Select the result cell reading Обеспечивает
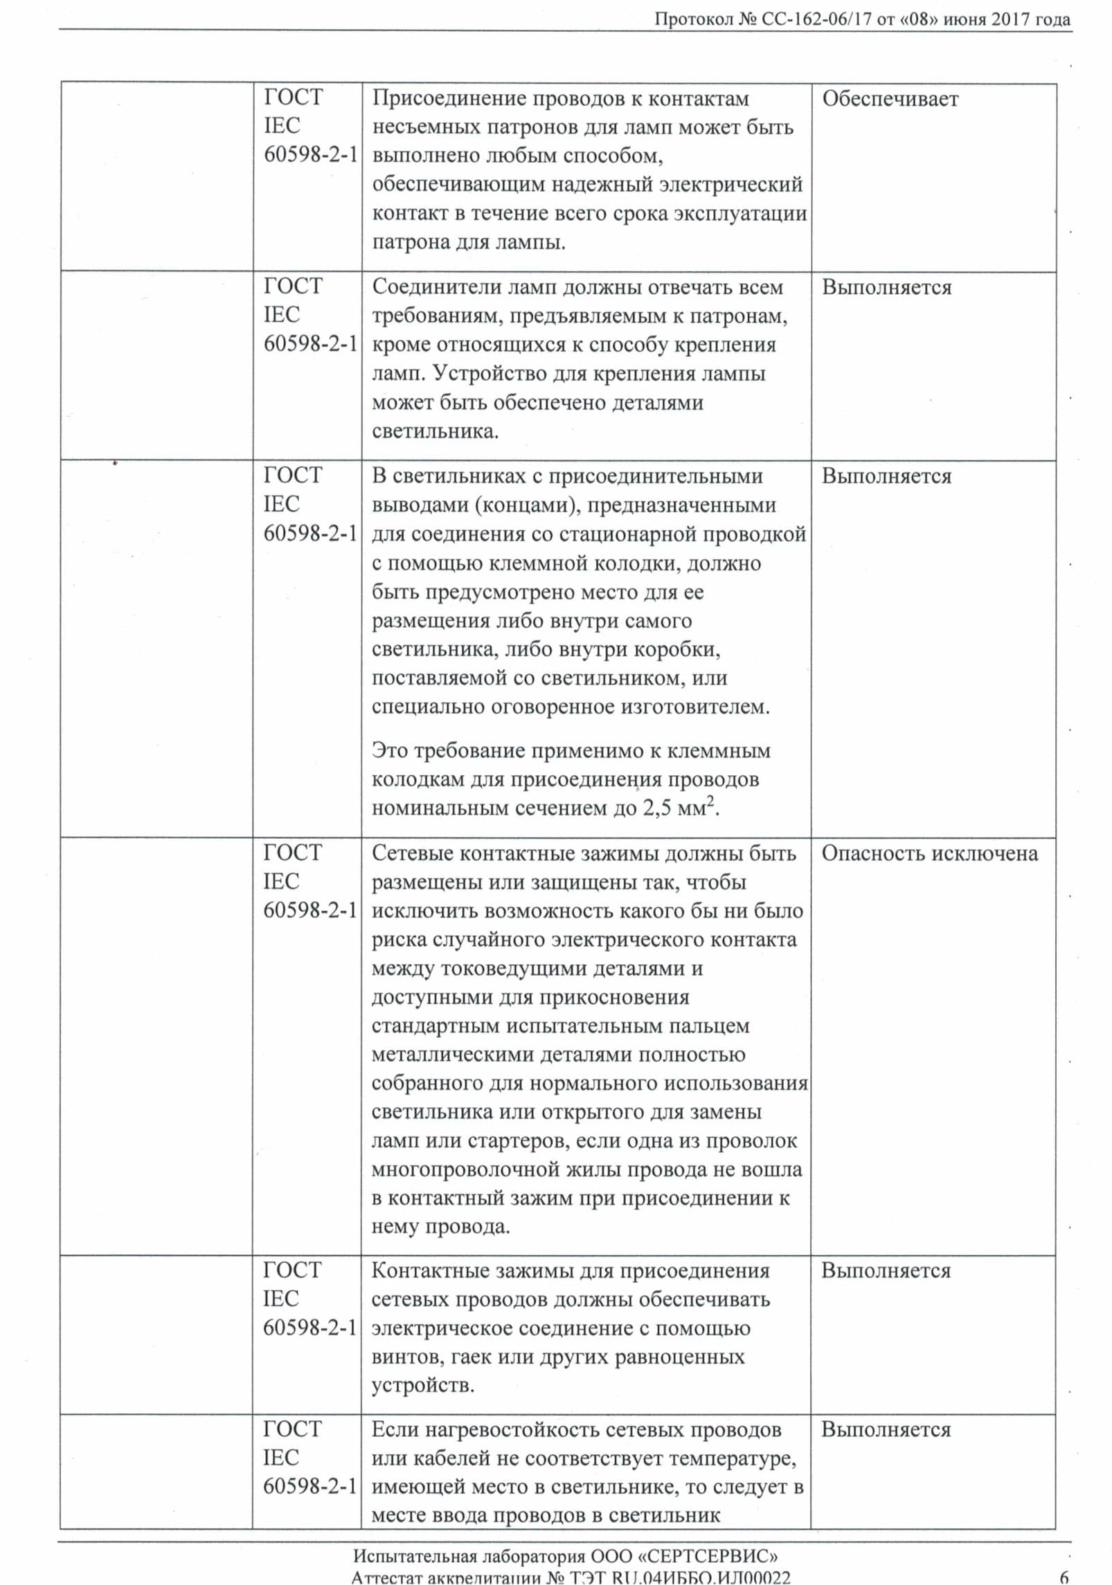890,99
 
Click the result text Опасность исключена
929,853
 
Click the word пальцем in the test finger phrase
710,1025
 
